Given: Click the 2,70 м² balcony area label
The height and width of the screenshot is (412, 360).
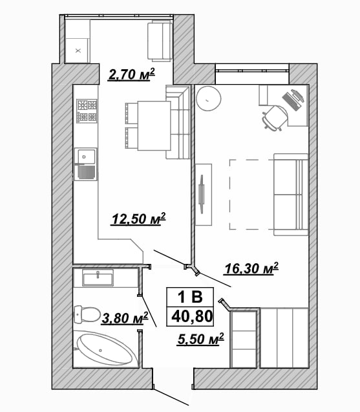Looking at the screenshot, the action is click(x=131, y=74).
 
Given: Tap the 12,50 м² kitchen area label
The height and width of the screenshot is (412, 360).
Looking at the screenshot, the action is click(x=139, y=219).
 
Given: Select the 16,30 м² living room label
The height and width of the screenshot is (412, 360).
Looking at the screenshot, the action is click(x=251, y=268).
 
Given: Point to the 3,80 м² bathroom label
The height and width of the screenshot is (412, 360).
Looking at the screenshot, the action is click(x=125, y=318).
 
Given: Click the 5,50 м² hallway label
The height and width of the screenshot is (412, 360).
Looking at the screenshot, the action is click(x=200, y=339).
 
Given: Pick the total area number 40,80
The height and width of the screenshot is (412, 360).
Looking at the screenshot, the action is click(x=192, y=316).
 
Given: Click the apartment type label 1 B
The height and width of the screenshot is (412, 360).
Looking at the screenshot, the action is click(x=190, y=297).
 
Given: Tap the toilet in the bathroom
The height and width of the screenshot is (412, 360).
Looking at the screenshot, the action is click(x=87, y=314).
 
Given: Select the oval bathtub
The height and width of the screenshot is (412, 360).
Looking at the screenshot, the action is click(x=105, y=349).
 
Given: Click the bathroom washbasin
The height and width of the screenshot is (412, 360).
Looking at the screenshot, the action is click(x=98, y=277).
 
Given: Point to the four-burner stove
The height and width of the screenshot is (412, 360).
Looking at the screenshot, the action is click(x=87, y=111).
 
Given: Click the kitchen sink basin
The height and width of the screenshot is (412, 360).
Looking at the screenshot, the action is click(x=85, y=157).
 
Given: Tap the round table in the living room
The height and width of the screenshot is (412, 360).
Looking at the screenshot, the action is click(x=209, y=98).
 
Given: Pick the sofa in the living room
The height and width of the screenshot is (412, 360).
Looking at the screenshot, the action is click(x=291, y=195).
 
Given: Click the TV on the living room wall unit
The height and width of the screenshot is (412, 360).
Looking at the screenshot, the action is click(x=202, y=194).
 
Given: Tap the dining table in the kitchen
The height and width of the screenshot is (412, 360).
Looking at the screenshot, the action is click(x=154, y=126).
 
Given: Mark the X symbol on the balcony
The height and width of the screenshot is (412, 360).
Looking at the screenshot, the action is click(x=78, y=50).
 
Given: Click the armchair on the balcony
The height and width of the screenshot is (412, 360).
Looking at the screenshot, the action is click(x=160, y=42).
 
